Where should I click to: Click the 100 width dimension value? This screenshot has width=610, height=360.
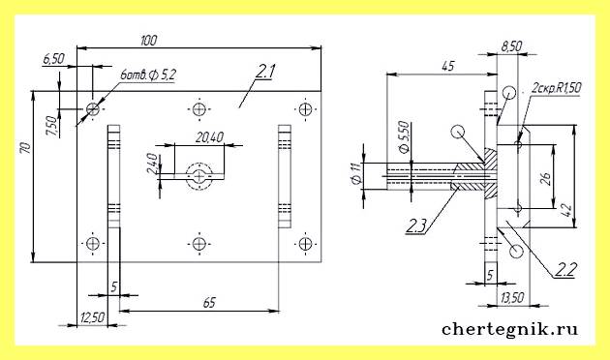(x=148, y=40)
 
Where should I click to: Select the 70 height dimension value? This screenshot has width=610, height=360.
(x=25, y=148)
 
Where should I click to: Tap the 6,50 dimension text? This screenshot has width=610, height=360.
(x=53, y=59)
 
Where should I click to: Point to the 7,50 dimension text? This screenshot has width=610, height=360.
(x=51, y=127)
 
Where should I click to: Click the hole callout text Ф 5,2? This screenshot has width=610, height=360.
(x=162, y=75)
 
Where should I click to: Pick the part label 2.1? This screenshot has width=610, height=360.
(x=265, y=72)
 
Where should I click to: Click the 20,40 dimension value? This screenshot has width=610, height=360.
(x=209, y=137)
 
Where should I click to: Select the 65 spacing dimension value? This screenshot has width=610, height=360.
(x=209, y=303)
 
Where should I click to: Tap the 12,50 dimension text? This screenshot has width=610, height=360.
(x=93, y=318)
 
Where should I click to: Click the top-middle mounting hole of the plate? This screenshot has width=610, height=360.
(x=199, y=109)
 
